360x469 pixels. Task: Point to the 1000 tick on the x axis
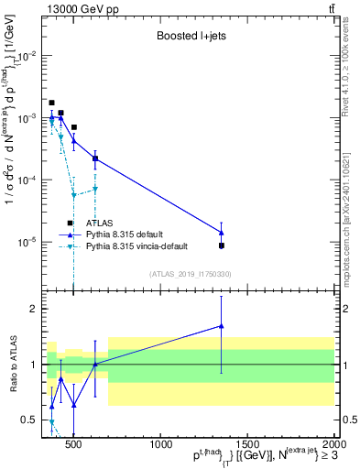pyautogui.click(x=161, y=444)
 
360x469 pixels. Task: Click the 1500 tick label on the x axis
pyautogui.click(x=248, y=444)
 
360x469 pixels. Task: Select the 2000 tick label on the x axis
pyautogui.click(x=333, y=444)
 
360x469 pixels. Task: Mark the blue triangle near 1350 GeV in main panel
pyautogui.click(x=221, y=232)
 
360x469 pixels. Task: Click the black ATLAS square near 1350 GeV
pyautogui.click(x=221, y=245)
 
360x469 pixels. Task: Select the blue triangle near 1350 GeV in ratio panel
pyautogui.click(x=221, y=326)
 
